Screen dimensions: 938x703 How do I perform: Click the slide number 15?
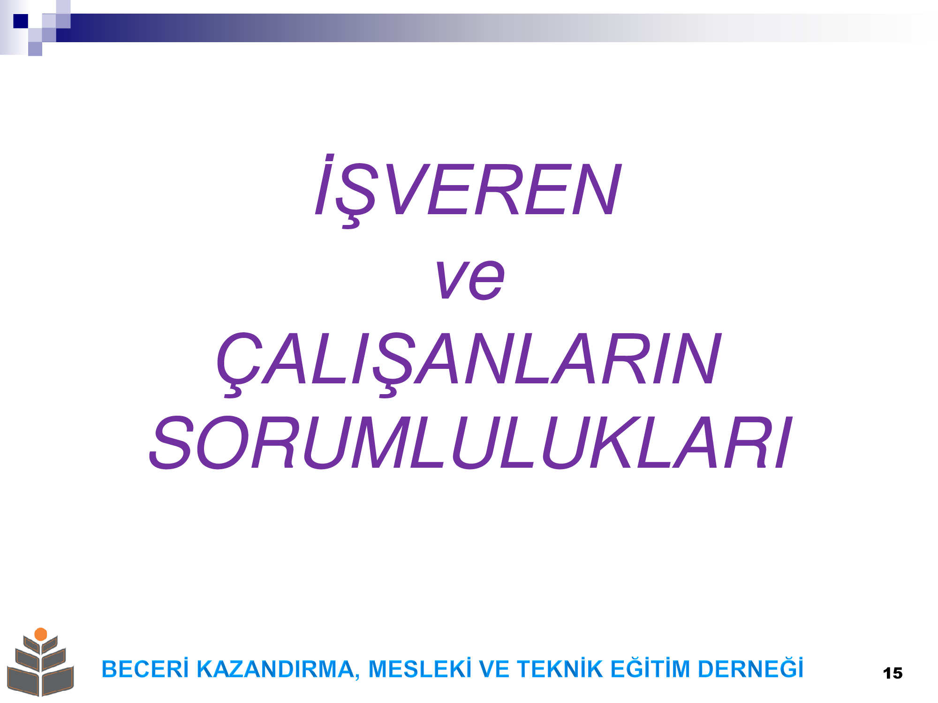click(x=893, y=673)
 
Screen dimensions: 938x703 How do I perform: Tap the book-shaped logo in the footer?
click(x=40, y=662)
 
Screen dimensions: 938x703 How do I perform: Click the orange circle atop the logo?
click(x=41, y=634)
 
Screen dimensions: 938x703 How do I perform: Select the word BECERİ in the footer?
click(x=145, y=669)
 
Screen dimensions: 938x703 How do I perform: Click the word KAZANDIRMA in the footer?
click(x=275, y=669)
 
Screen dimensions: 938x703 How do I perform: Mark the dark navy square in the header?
click(x=21, y=21)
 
